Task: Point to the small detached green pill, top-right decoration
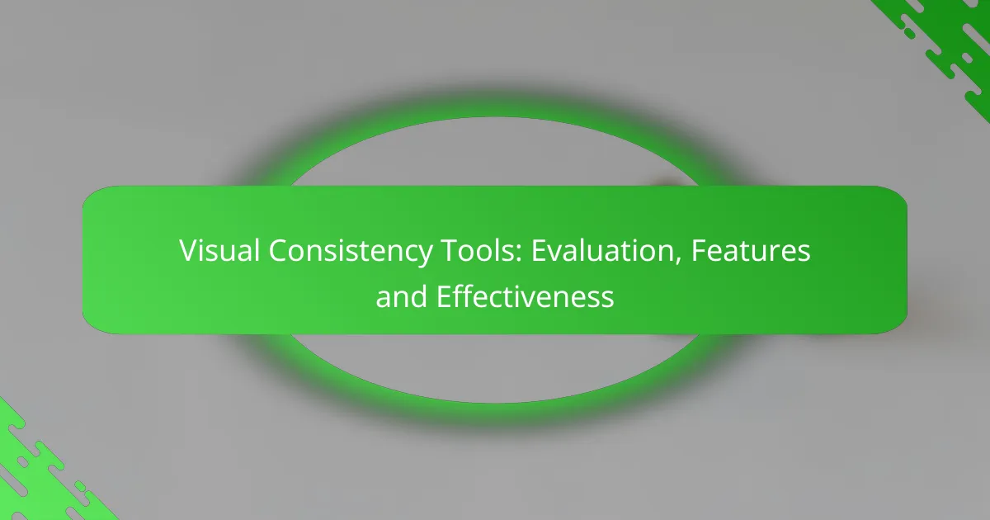point(908,32)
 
